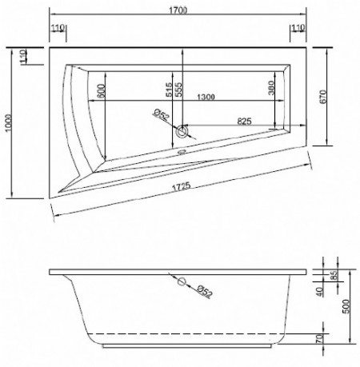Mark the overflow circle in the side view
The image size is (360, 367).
click(181, 281)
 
